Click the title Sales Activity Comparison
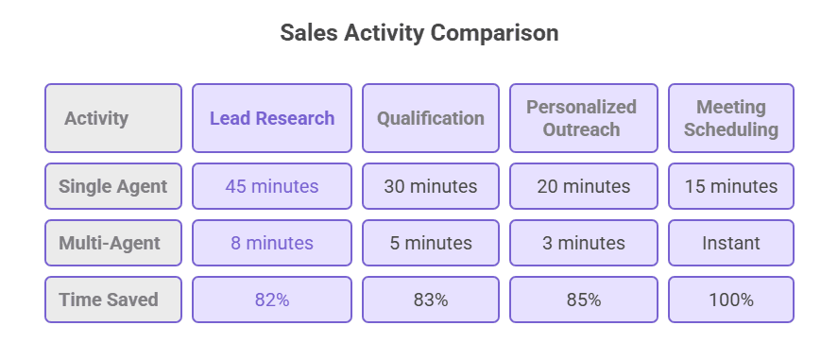pos(419,33)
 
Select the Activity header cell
pos(113,118)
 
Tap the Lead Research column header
pos(272,118)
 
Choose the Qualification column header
pos(431,118)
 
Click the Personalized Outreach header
pos(582,118)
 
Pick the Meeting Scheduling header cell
pos(731,118)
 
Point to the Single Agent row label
pos(113,186)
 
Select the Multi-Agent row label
pos(113,243)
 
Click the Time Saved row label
pos(113,300)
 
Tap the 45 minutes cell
pos(272,186)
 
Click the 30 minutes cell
pos(431,186)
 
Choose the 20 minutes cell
pos(582,186)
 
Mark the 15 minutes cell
pos(731,186)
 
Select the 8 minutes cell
pos(272,243)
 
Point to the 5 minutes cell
pos(431,243)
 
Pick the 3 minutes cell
pos(582,243)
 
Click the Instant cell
pos(731,243)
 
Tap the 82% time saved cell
pos(272,300)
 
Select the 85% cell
pos(582,300)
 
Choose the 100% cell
pos(731,300)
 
